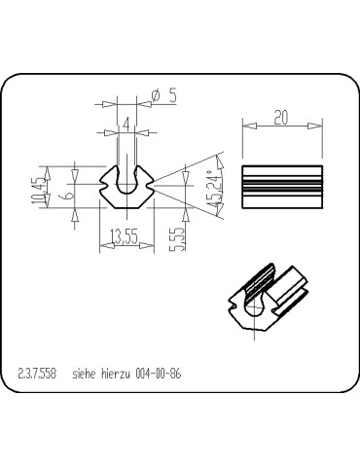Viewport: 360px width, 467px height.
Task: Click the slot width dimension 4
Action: [126, 123]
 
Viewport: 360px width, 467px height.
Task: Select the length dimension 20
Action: [281, 116]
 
